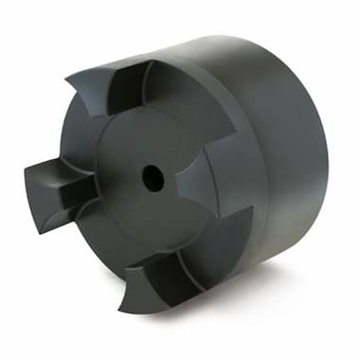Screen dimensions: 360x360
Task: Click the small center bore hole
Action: click(x=153, y=175)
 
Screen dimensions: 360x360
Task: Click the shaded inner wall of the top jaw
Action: click(x=128, y=95)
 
